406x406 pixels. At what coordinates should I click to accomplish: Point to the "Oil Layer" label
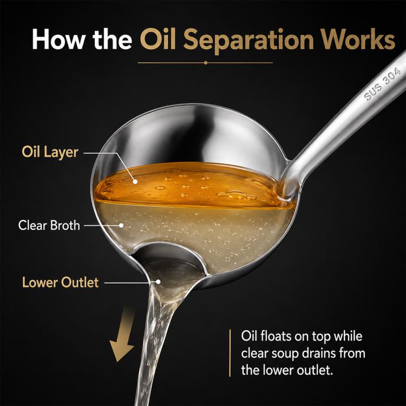[x=50, y=152]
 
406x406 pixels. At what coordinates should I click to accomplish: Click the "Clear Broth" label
[x=49, y=225]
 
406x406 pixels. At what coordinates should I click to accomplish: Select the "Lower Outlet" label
[x=60, y=282]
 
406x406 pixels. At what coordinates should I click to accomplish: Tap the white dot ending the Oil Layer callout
[x=135, y=182]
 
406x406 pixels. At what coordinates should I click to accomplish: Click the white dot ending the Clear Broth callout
[x=121, y=226]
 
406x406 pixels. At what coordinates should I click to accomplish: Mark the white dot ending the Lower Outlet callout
[x=158, y=281]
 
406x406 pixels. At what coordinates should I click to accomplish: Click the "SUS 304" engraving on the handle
[x=382, y=84]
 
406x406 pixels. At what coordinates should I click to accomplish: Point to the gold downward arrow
[x=123, y=333]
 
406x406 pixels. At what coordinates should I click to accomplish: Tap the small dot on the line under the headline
[x=206, y=63]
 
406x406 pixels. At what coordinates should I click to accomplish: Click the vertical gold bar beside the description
[x=230, y=353]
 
